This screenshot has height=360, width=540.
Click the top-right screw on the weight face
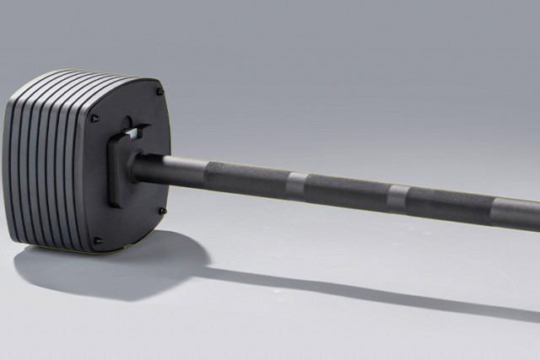(x=159, y=91)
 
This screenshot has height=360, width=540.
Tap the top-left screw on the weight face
(x=94, y=118)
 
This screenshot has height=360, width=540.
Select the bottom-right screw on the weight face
(x=162, y=211)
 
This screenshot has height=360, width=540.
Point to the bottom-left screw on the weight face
(x=97, y=240)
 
